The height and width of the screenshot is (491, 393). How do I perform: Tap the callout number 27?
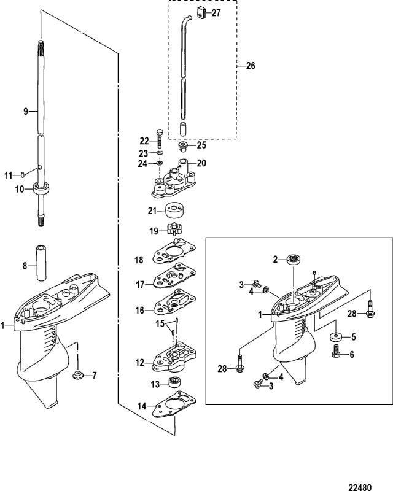(216, 13)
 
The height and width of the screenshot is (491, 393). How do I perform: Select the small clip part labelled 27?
(201, 13)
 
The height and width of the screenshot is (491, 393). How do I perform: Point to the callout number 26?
(251, 66)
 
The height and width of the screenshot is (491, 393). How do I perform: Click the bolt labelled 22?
(159, 139)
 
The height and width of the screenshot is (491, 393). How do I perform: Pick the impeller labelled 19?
(173, 228)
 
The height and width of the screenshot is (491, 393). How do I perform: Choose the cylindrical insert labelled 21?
(174, 211)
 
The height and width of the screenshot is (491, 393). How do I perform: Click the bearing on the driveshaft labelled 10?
(42, 188)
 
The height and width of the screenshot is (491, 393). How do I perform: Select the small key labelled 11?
(23, 175)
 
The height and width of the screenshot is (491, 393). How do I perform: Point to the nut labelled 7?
(77, 374)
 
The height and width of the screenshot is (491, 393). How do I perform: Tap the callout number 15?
(160, 323)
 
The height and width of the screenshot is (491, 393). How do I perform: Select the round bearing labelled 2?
(294, 260)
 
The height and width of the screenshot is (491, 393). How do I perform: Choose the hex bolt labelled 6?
(336, 352)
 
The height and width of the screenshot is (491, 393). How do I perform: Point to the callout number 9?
(26, 111)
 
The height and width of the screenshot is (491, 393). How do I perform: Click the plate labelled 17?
(174, 276)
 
